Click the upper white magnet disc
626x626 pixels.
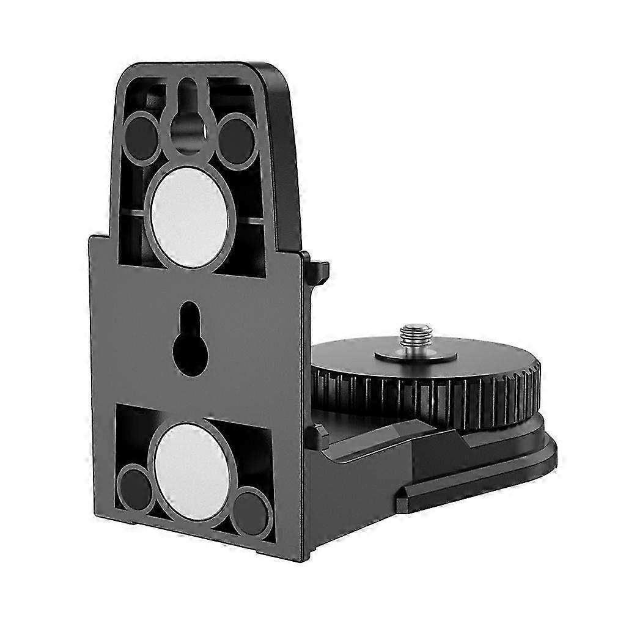(x=190, y=217)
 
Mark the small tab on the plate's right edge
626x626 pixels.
(x=319, y=270)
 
